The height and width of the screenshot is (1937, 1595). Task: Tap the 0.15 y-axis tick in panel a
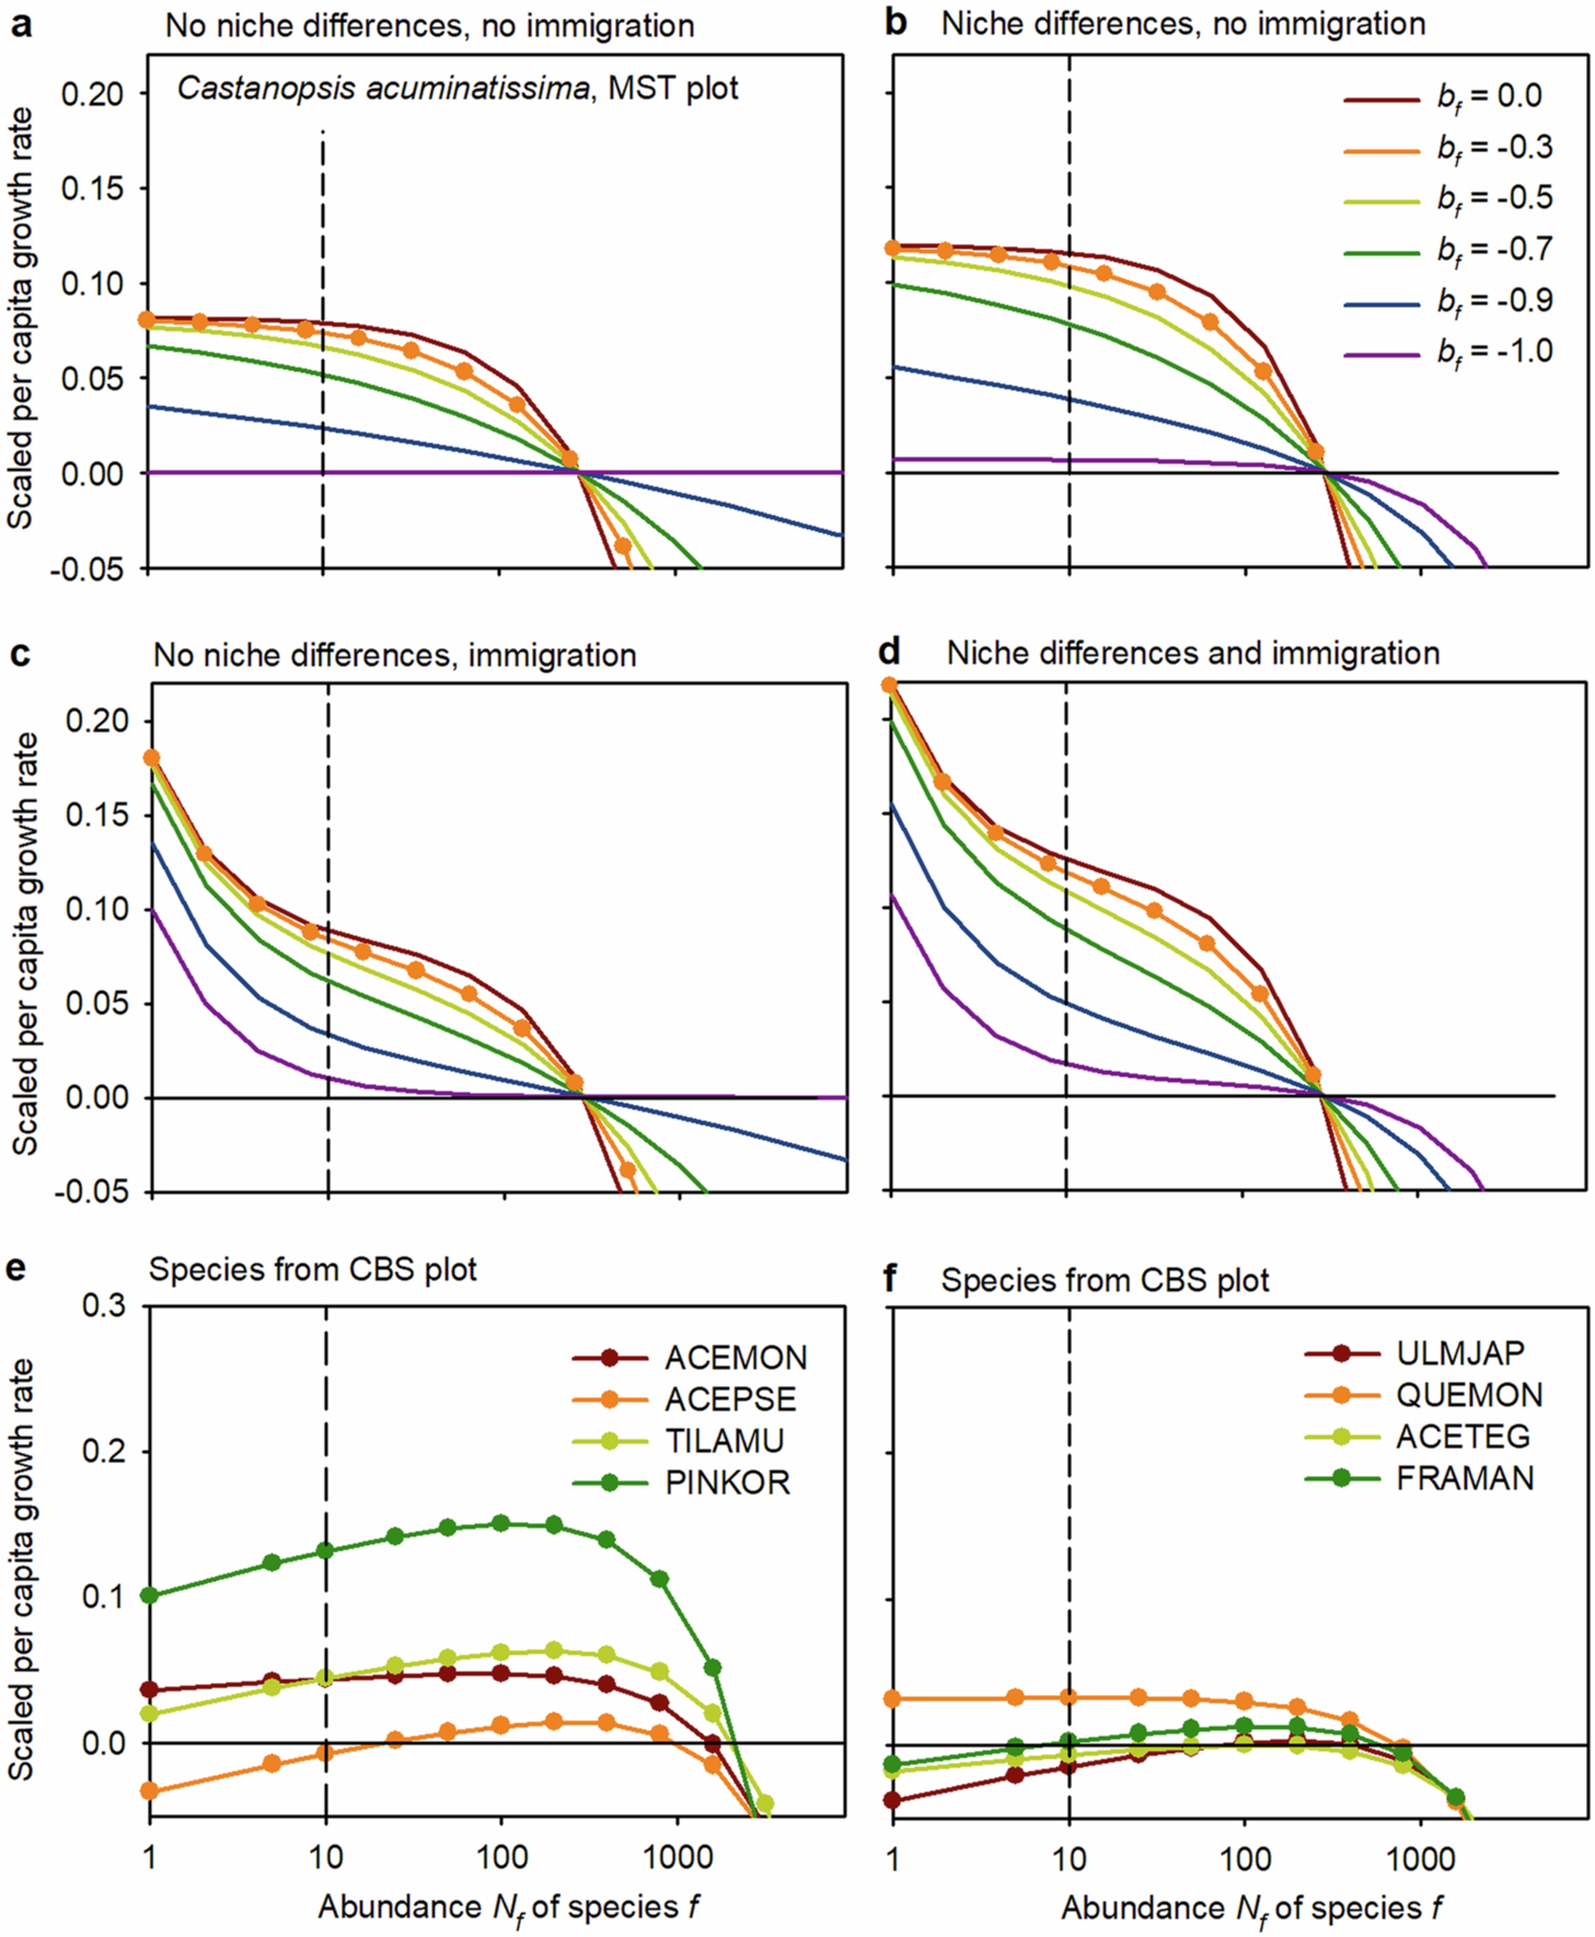pos(92,188)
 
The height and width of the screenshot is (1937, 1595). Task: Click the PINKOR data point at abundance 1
pos(149,1595)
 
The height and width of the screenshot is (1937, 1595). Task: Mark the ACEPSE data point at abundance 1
pos(149,1791)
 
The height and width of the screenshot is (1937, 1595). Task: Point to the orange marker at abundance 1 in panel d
pos(890,685)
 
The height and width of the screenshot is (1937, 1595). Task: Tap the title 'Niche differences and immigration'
pos(1192,653)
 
